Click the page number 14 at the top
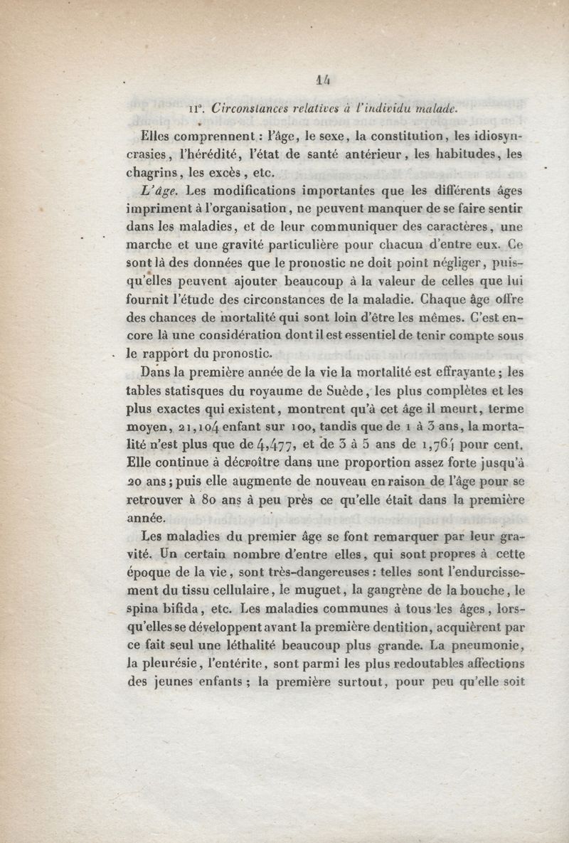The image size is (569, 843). (285, 82)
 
